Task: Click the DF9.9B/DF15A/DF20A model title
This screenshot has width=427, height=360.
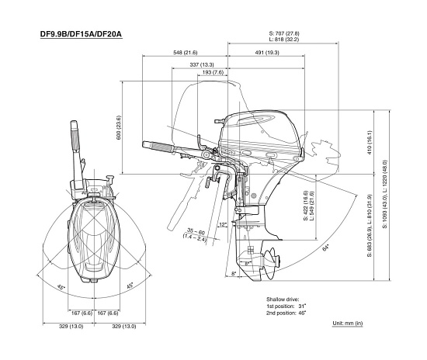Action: point(82,34)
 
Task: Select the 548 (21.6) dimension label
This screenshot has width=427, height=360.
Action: point(186,53)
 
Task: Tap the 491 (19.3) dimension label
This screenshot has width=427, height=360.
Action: point(267,53)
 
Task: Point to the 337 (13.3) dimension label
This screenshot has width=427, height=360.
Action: point(202,64)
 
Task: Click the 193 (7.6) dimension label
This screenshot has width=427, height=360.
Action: point(213,72)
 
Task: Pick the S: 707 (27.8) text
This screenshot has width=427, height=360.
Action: point(284,33)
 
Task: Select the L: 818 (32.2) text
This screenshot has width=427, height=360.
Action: point(284,40)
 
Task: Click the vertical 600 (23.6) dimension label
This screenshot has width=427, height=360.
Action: point(119,128)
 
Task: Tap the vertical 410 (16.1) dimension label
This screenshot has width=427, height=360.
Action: point(370,143)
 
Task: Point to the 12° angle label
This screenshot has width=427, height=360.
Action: point(223,224)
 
